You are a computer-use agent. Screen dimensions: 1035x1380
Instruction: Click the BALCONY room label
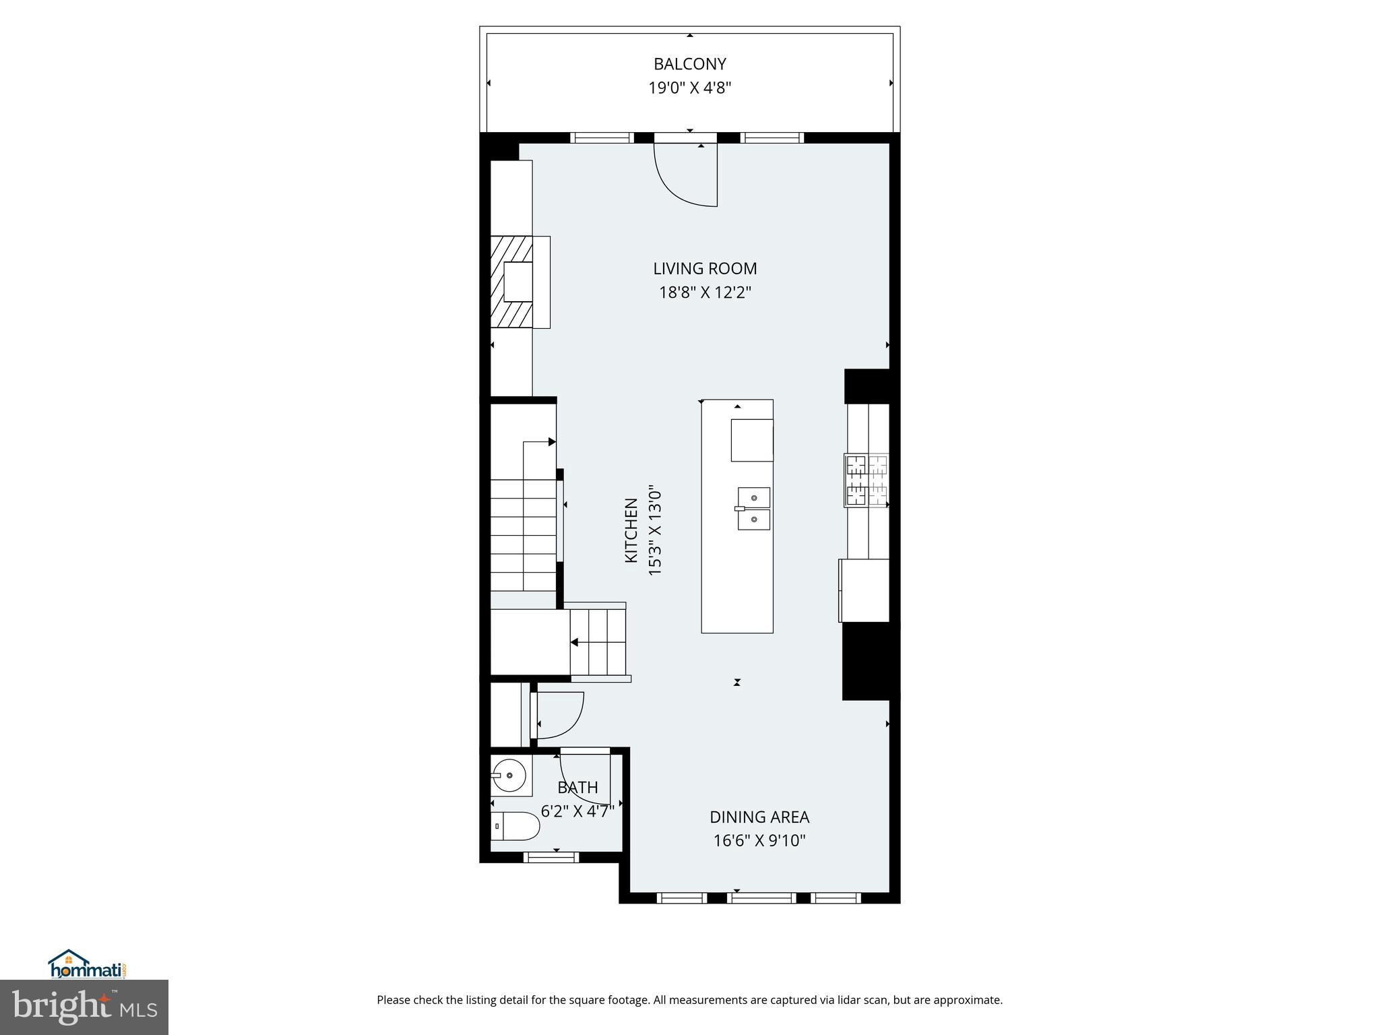[689, 64]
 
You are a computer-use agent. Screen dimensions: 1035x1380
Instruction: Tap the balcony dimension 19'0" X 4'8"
[689, 88]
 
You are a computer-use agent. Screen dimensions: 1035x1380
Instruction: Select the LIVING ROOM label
[705, 269]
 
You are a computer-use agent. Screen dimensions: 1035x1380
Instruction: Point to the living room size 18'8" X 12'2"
[705, 292]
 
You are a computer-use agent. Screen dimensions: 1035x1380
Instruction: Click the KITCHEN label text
[631, 530]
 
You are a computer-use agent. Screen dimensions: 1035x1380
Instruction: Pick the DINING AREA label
[759, 817]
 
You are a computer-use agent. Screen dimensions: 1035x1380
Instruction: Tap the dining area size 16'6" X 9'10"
[759, 841]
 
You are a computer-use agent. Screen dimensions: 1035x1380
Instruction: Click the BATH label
[577, 787]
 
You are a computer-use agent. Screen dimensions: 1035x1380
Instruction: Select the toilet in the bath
[515, 826]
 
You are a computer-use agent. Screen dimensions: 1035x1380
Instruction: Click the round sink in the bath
[510, 776]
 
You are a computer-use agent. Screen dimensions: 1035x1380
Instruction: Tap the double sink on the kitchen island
[753, 508]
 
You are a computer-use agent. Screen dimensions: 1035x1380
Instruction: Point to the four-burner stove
[867, 480]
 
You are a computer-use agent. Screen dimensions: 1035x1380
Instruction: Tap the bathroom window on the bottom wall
[551, 857]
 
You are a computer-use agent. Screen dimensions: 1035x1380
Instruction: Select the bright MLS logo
[84, 1007]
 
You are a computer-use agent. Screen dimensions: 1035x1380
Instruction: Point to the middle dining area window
[761, 898]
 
